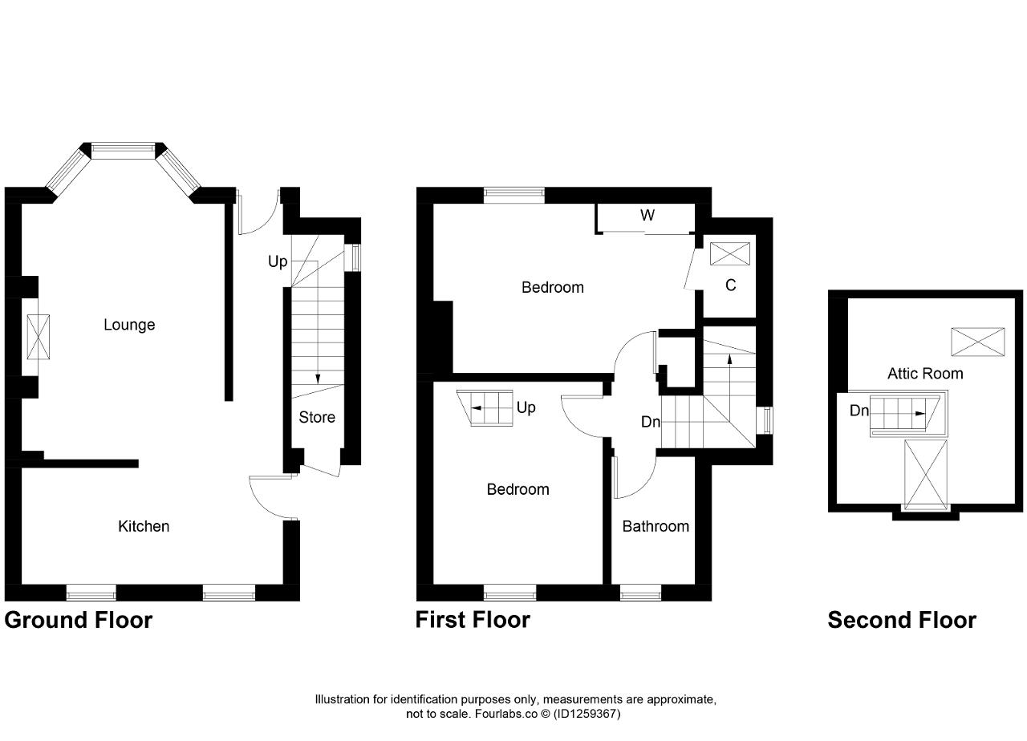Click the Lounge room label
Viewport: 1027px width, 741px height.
pos(129,325)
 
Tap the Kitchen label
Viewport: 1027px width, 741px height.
pos(144,526)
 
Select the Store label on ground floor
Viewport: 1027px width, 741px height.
pos(317,417)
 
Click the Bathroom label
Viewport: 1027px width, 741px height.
pos(656,526)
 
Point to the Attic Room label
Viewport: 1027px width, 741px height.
pos(925,374)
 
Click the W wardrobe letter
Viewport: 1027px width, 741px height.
pos(647,215)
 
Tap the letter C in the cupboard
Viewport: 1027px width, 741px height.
pos(731,285)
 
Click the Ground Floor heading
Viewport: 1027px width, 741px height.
pos(79,621)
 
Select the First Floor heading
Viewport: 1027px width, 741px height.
pos(473,621)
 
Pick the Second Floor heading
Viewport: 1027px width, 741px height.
pos(902,621)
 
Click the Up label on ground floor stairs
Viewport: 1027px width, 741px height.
pos(278,261)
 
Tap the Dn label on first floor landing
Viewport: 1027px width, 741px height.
pos(651,422)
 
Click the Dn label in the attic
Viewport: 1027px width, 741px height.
pos(859,410)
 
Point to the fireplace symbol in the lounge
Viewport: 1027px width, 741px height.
pos(38,337)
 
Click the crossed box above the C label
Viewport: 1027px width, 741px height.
pos(730,254)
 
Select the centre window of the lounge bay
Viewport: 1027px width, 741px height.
pos(123,151)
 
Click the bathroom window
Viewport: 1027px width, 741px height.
pos(640,593)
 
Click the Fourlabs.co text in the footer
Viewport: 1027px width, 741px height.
pos(506,714)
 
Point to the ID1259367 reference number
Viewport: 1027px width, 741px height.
pos(587,714)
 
